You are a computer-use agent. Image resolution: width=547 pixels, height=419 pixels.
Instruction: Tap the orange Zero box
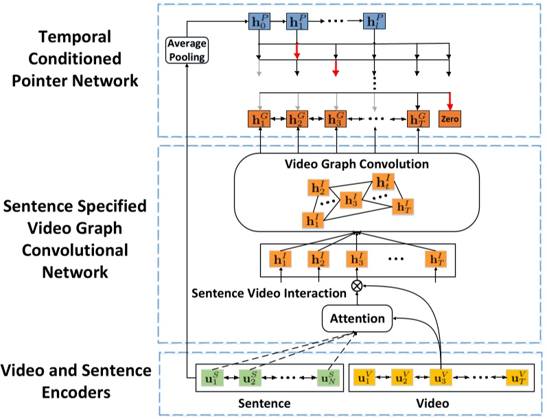point(450,119)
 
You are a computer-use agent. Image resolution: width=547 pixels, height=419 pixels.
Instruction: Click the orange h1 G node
point(259,119)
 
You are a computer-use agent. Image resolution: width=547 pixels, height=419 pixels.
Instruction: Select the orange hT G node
point(418,119)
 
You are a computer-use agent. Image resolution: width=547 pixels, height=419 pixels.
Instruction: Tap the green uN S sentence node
point(327,377)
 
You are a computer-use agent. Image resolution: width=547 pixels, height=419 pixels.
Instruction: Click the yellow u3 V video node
point(439,377)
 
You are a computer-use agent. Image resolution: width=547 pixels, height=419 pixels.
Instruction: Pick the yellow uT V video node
point(517,377)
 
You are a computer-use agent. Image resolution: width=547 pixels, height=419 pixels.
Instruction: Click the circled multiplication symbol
point(356,286)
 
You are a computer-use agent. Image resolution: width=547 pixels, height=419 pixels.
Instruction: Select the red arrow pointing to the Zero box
point(450,100)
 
